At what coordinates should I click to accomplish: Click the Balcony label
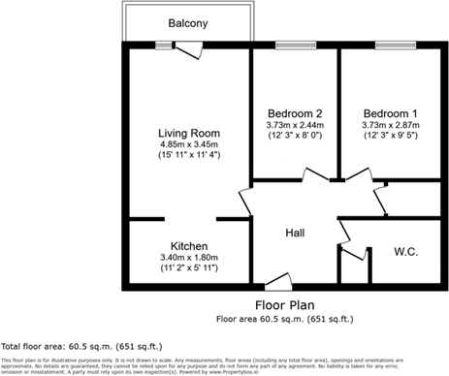click(x=187, y=24)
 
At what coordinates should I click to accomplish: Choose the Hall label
click(x=296, y=234)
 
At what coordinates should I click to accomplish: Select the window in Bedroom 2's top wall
click(x=294, y=44)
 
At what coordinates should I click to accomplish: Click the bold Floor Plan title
click(x=281, y=303)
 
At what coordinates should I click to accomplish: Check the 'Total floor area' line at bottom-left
click(x=82, y=345)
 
